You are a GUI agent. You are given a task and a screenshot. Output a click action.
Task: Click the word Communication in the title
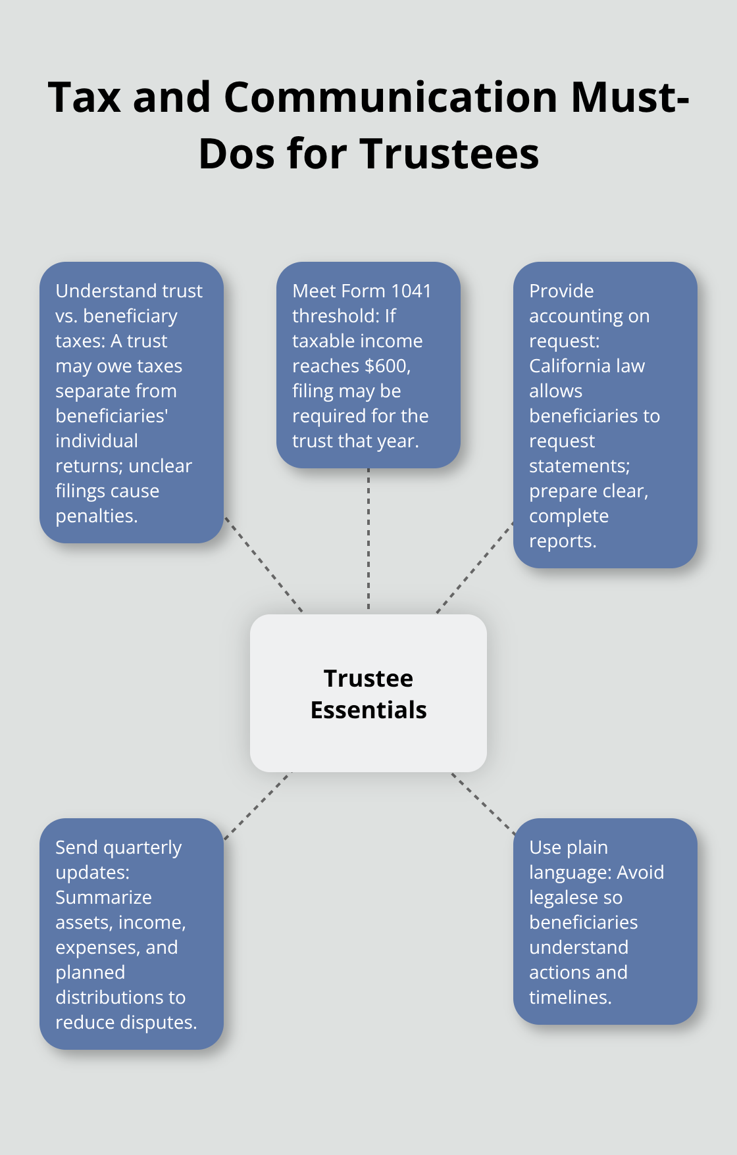tap(391, 97)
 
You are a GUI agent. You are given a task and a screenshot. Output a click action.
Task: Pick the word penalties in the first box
tap(96, 516)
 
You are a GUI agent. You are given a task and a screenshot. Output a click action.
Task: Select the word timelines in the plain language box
tap(570, 997)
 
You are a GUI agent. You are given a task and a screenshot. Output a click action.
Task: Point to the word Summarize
tap(103, 897)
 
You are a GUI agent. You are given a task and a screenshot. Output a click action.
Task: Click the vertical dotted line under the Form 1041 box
tap(368, 539)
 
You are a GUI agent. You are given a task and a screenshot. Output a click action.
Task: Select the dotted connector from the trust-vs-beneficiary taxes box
tap(263, 564)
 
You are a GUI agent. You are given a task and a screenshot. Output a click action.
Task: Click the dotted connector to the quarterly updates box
tap(258, 806)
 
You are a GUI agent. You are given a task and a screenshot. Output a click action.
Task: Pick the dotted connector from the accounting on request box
tap(475, 567)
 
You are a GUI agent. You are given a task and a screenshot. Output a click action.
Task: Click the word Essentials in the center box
tap(368, 710)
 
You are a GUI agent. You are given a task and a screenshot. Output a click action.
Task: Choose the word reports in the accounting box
tap(562, 541)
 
